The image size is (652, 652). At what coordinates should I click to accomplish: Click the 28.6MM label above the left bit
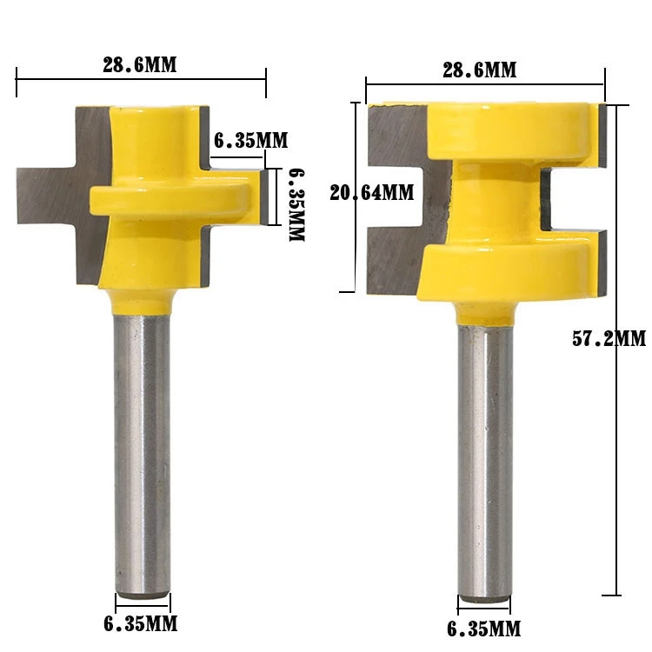tap(141, 65)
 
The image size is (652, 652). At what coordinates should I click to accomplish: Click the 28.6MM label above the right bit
tap(479, 70)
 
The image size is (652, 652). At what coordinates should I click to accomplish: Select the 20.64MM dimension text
tap(372, 193)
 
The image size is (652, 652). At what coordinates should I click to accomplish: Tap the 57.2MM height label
tap(609, 339)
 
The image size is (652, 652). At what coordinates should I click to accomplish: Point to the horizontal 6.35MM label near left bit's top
tap(249, 140)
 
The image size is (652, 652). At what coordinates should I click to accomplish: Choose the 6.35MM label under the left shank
tap(141, 623)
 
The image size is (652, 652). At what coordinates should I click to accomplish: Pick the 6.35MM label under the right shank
tap(484, 628)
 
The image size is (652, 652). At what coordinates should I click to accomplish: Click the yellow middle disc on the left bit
tap(174, 197)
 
